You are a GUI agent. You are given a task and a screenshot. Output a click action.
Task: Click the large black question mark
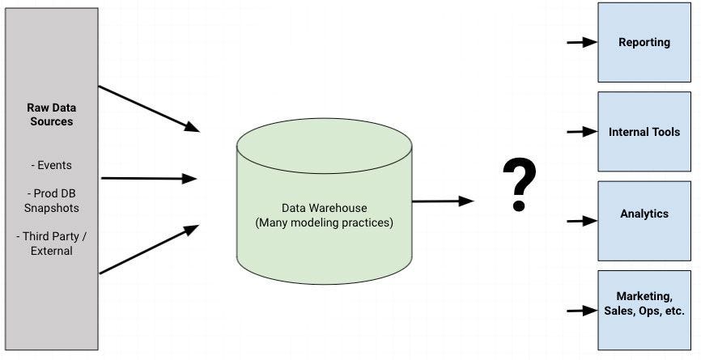click(x=519, y=184)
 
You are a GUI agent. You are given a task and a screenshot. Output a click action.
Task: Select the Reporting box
click(x=644, y=42)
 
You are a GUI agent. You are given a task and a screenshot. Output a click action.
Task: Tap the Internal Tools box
click(x=644, y=132)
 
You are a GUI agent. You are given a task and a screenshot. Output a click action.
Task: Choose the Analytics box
click(x=644, y=221)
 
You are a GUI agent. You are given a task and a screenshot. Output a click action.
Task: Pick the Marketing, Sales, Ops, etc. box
click(x=644, y=310)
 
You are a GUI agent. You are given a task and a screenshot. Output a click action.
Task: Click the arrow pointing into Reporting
click(x=582, y=42)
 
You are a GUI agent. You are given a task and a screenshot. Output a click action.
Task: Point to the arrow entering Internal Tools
click(x=582, y=132)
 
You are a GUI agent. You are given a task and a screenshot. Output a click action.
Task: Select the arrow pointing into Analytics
click(x=582, y=221)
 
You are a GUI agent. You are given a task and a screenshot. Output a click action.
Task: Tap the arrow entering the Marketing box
click(x=582, y=311)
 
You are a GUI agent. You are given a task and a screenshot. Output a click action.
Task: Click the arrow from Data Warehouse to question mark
click(x=443, y=201)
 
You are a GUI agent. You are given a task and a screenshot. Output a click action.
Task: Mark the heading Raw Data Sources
click(x=52, y=114)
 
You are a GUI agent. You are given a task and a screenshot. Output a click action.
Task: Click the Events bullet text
click(x=52, y=165)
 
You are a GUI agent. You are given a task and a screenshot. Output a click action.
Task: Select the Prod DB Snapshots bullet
click(x=52, y=201)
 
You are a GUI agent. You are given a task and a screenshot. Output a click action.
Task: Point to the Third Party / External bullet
click(x=52, y=244)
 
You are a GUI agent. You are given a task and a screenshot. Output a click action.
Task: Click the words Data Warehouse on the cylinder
click(x=324, y=208)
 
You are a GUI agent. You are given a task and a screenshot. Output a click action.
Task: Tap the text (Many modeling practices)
click(x=324, y=222)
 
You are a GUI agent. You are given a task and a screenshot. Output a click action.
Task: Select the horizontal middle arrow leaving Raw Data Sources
click(x=149, y=179)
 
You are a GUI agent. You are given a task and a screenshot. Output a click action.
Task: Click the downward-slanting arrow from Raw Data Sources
click(x=149, y=109)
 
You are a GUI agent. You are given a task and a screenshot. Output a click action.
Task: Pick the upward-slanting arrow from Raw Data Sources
click(x=149, y=249)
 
